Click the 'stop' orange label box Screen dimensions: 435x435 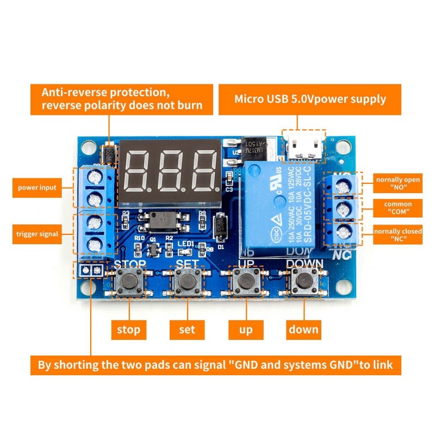tap(129, 329)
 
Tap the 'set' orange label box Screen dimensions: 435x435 tap(187, 329)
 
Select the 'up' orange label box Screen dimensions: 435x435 tap(245, 329)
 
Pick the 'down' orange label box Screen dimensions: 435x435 tap(304, 329)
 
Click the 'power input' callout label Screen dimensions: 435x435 tap(37, 188)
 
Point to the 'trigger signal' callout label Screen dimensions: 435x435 tap(37, 234)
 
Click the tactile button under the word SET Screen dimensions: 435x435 tap(188, 281)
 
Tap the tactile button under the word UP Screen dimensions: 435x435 tap(246, 281)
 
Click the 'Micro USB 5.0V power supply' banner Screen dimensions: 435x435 tap(310, 99)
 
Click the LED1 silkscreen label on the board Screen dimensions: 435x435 tap(185, 244)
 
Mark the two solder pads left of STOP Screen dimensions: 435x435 tap(91, 270)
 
